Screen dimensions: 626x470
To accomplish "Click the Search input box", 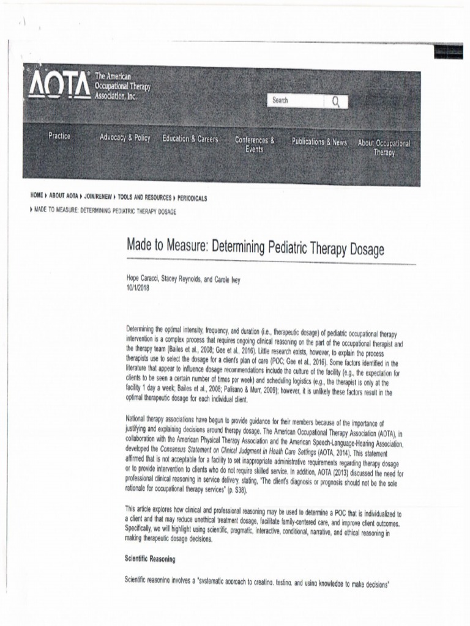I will click(296, 101).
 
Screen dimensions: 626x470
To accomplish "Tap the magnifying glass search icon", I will click(336, 101).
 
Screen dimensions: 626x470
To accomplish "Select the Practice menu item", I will click(59, 136).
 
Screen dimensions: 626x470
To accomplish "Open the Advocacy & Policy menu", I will click(125, 138).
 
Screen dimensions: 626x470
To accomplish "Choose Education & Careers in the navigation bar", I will click(190, 139).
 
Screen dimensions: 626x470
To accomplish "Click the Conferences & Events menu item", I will click(255, 144).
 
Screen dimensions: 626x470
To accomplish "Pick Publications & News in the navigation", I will click(319, 142).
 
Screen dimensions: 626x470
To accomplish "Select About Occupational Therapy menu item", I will click(384, 147).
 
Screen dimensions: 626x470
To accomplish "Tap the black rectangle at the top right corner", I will click(448, 51).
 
